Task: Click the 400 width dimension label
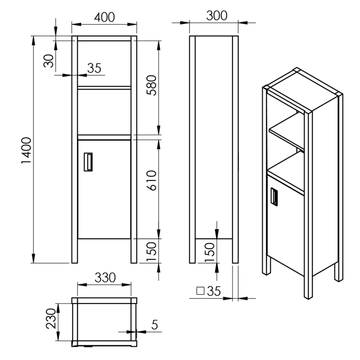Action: tap(105, 17)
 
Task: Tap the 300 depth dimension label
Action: tap(217, 16)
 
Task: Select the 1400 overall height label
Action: tap(26, 150)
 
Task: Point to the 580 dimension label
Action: tap(151, 85)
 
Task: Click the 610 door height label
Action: tap(151, 180)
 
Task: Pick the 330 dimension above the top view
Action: tap(105, 278)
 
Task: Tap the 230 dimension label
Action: tap(51, 319)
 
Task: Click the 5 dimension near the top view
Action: tap(155, 324)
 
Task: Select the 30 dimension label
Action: tap(49, 61)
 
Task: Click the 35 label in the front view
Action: tap(94, 68)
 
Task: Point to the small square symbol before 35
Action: tap(200, 290)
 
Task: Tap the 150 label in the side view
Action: tap(209, 252)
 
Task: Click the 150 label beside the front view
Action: tap(151, 252)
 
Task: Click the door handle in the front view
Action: tap(88, 162)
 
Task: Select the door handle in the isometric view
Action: tap(274, 196)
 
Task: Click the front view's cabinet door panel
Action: tap(104, 189)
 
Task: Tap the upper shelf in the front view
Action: tap(104, 88)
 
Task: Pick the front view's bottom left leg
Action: tap(74, 251)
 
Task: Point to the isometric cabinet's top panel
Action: tap(303, 90)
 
